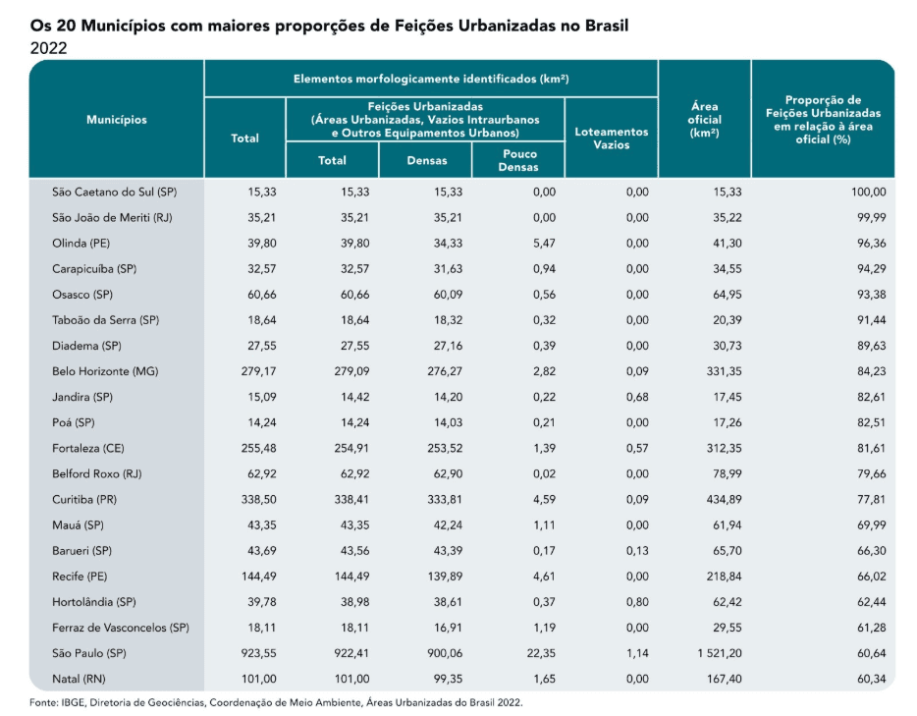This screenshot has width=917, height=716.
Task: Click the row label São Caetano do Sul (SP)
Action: pyautogui.click(x=114, y=192)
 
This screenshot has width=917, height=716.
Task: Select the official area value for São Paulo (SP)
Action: pyautogui.click(x=720, y=653)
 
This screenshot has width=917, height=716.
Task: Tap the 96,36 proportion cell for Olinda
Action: pyautogui.click(x=872, y=244)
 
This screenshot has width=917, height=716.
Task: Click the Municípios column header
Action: pyautogui.click(x=117, y=120)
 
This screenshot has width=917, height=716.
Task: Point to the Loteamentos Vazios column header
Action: pyautogui.click(x=611, y=138)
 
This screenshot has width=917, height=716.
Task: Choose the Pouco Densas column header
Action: pyautogui.click(x=518, y=160)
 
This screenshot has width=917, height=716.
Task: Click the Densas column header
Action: pyautogui.click(x=427, y=160)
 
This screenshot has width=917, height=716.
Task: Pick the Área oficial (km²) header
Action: pyautogui.click(x=705, y=120)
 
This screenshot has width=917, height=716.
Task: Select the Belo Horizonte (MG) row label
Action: pyautogui.click(x=105, y=371)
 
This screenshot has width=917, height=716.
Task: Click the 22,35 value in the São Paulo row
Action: pyautogui.click(x=541, y=653)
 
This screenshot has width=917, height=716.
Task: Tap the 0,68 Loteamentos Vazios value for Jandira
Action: pyautogui.click(x=637, y=397)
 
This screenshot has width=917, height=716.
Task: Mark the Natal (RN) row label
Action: pyautogui.click(x=79, y=679)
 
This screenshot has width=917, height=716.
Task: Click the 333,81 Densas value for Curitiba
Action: pyautogui.click(x=445, y=500)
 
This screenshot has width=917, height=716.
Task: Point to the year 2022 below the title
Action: pyautogui.click(x=48, y=48)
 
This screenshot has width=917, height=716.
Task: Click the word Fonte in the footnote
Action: pyautogui.click(x=43, y=702)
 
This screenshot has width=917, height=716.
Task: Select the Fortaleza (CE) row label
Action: pyautogui.click(x=88, y=448)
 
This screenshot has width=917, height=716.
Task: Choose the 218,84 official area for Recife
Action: pyautogui.click(x=724, y=577)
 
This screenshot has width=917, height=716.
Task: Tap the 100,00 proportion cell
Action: pyautogui.click(x=869, y=192)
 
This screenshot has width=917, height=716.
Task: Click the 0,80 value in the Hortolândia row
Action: pyautogui.click(x=637, y=602)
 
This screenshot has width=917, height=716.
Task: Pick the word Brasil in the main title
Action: pyautogui.click(x=607, y=26)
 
